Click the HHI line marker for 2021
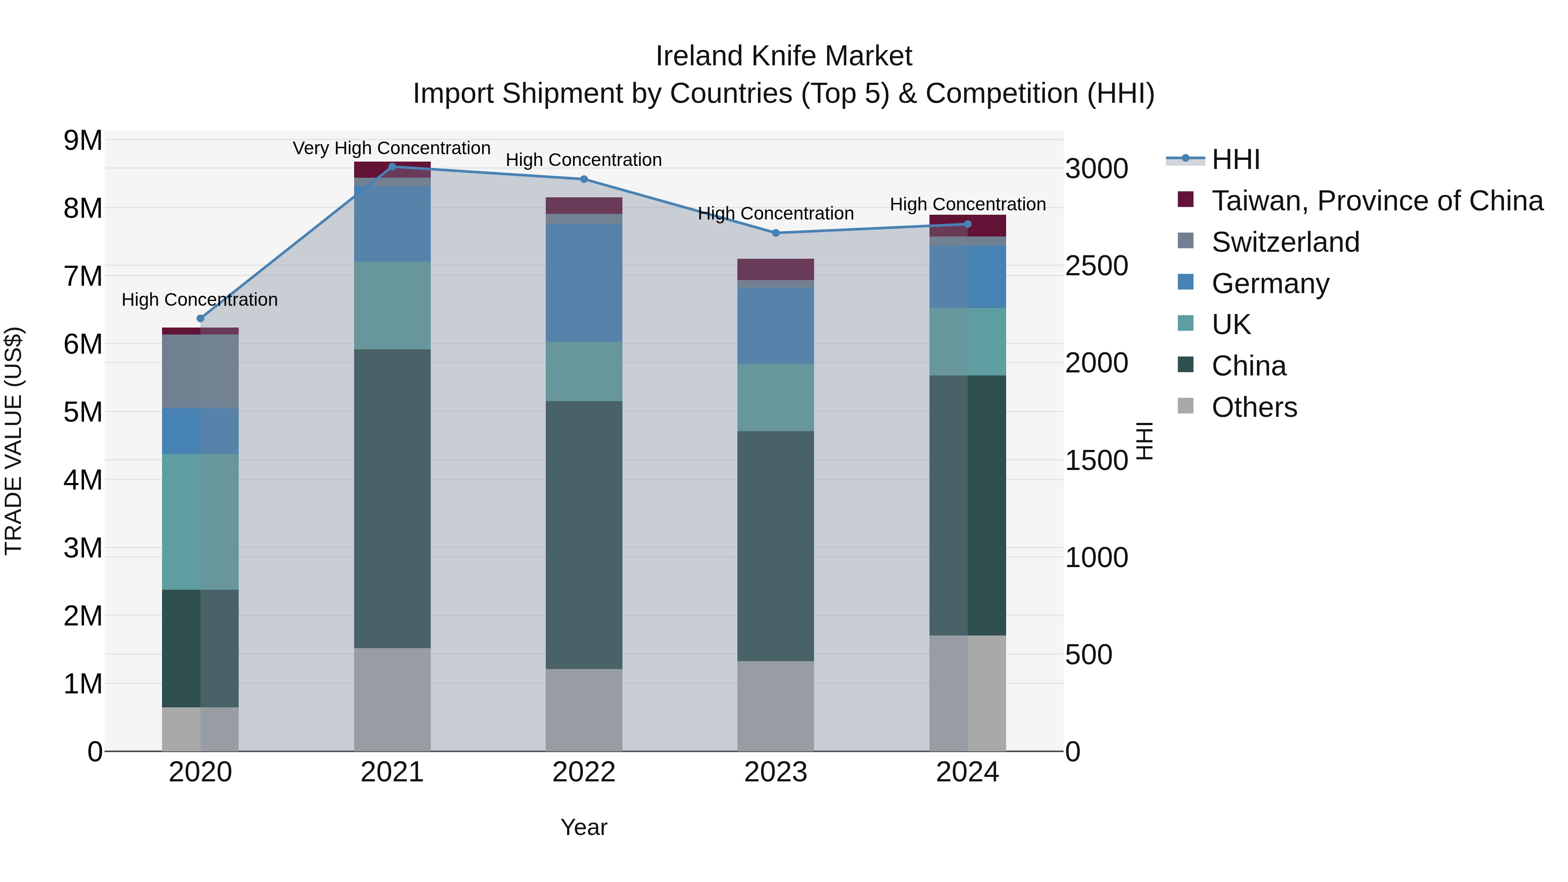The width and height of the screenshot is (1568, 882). point(392,167)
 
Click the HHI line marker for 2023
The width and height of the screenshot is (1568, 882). point(775,233)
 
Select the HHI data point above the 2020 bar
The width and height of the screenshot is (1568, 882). point(200,318)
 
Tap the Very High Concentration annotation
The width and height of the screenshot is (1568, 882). point(392,148)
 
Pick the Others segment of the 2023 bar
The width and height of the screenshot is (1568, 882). point(775,706)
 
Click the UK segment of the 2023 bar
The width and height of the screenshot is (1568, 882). point(775,398)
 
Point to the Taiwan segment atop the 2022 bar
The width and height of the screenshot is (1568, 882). point(584,205)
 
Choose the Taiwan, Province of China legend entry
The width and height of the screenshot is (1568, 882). point(1377,201)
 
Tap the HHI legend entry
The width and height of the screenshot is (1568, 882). point(1235,159)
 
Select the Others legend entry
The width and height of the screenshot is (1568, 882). point(1254,407)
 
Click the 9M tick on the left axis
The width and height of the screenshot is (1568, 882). point(83,141)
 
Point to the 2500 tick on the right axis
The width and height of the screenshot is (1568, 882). point(1096,266)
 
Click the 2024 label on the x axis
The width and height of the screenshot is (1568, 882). point(967,772)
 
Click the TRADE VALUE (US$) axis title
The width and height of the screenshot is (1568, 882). point(14,441)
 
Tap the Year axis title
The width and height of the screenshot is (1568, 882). point(584,827)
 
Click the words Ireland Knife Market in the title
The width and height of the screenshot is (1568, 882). point(784,56)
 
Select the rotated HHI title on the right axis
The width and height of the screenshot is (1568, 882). point(1144,441)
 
